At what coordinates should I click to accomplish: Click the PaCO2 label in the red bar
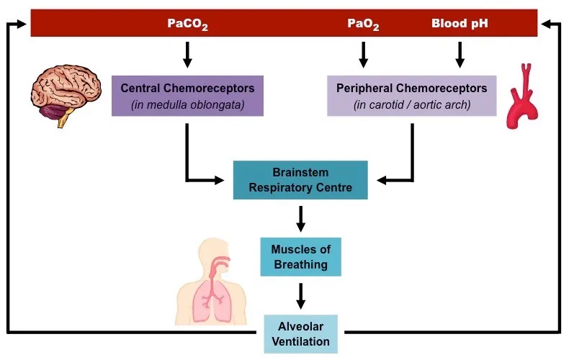pos(187,24)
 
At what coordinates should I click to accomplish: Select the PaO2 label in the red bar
pos(363,24)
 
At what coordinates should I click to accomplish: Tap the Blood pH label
pos(460,24)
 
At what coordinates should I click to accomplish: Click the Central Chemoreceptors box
pos(187,96)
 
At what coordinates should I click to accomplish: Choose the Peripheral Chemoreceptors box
pos(411,96)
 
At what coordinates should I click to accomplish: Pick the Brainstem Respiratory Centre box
pos(301,181)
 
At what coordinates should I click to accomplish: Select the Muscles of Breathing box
pos(300,257)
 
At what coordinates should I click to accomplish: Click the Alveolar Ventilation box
pos(300,333)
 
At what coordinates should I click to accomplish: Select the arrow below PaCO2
pos(187,54)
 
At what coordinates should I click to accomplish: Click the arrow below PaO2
pos(363,54)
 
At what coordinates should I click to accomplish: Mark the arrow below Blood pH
pos(460,54)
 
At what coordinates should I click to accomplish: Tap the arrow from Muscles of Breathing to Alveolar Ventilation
pos(301,295)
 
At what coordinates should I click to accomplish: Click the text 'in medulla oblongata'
pos(187,105)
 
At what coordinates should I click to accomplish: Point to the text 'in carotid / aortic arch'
pos(411,105)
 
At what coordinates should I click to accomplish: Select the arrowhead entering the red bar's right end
pos(547,24)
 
